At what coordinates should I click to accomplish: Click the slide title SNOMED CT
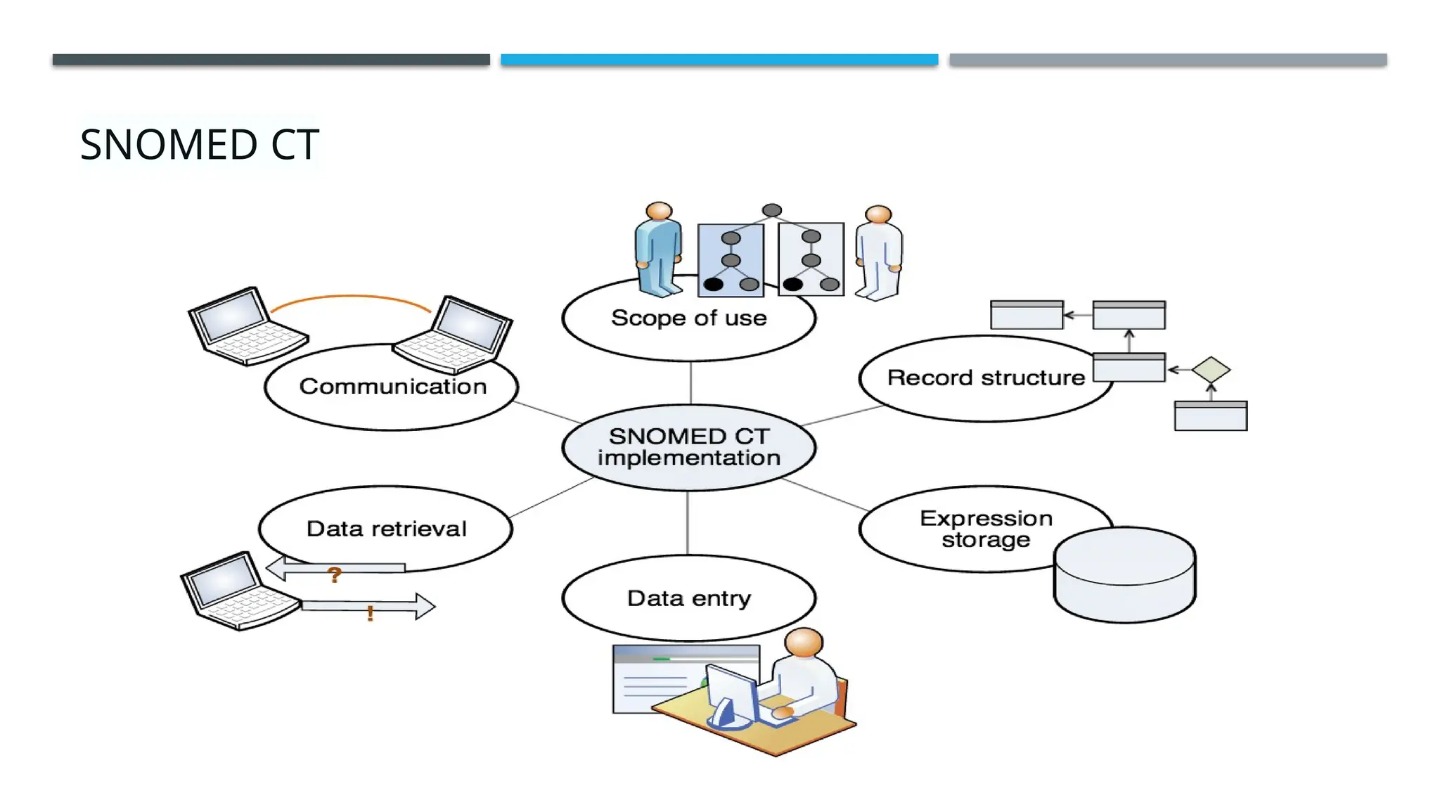click(200, 145)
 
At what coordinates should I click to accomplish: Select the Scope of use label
click(688, 319)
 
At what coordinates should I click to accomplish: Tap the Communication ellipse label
click(392, 387)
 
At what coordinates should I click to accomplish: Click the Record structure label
click(986, 378)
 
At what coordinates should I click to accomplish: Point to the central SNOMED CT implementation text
click(688, 447)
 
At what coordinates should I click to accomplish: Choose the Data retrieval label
click(386, 529)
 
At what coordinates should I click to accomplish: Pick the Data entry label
click(688, 598)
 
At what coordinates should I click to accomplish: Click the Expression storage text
click(986, 529)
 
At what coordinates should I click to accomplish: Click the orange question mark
click(335, 575)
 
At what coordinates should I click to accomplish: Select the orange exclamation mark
click(370, 614)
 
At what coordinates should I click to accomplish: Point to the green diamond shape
click(1211, 370)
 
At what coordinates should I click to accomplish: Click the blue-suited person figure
click(658, 250)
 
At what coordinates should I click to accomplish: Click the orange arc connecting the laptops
click(349, 297)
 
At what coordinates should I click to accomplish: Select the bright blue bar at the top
click(719, 60)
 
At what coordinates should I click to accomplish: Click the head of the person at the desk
click(804, 643)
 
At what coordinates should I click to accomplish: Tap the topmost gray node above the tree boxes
click(772, 210)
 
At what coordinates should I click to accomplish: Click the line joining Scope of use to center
click(690, 382)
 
